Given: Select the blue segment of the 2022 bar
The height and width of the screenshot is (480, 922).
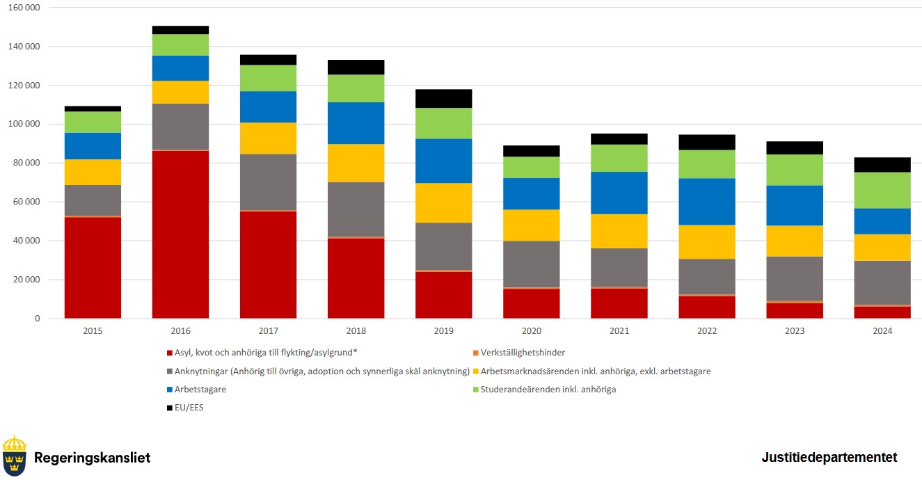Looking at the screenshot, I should pos(706,202).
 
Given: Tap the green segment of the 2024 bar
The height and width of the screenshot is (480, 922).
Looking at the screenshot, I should pos(882,190).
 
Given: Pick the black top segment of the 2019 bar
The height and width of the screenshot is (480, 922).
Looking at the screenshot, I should pos(443,99).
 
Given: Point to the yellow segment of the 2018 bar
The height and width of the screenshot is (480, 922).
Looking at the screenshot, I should pos(356,163).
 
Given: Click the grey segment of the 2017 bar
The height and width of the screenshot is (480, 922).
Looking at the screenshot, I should pos(268,182).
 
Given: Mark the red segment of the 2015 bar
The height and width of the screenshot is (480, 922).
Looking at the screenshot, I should pos(93,268).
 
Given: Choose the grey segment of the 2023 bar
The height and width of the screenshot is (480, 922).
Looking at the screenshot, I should pos(794,278).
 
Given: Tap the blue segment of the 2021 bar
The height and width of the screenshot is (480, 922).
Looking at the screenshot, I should pos(619,193).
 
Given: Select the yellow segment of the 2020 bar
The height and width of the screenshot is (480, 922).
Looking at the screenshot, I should pos(531,225).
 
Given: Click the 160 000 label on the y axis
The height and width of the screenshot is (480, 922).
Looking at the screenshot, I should pos(25,8).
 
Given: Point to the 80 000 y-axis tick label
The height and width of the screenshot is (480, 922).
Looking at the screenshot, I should pos(27,163).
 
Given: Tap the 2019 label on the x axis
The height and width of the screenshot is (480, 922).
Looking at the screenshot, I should pos(443,331).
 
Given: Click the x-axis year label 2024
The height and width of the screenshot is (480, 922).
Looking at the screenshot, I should pos(882,331).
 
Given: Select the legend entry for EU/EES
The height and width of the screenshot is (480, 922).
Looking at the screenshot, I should pos(189,408).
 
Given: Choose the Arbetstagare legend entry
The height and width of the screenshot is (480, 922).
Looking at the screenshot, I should pos(200,390).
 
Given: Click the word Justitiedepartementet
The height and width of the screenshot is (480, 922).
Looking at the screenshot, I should pos(829,457).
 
